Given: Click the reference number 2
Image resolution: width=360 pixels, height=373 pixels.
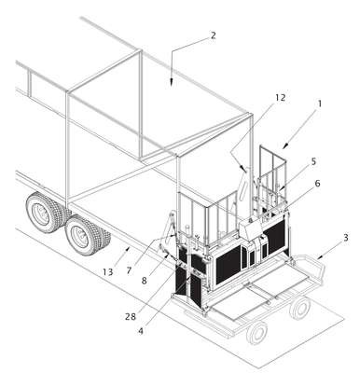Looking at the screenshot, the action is point(213,35).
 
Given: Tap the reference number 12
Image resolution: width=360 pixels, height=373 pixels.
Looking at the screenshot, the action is point(280,98).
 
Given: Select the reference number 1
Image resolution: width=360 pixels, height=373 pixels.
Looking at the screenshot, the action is point(319,104).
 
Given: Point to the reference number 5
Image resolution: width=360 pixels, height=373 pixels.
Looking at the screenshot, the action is point(313,161).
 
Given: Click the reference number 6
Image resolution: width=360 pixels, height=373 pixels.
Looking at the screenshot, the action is point(317,184).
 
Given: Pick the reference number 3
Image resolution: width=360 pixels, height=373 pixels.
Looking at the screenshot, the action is point(345,238).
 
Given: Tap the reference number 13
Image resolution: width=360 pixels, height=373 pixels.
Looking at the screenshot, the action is point(107,272).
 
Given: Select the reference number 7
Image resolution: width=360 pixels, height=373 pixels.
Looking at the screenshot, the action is point(130,270).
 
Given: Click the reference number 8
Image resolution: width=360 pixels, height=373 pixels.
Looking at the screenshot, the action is point(144,281).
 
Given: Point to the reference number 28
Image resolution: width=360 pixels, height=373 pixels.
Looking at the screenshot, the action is point(131,317).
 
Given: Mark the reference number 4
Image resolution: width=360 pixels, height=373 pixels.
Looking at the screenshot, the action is point(141,331).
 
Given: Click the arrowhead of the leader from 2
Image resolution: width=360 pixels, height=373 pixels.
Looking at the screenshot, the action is point(172,82).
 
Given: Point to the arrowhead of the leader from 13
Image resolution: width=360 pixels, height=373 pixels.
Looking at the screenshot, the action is point(127,248).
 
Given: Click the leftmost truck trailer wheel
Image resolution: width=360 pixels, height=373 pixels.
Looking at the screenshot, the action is point(40,212).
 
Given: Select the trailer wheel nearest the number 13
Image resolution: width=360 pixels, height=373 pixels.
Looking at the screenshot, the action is point(83,235).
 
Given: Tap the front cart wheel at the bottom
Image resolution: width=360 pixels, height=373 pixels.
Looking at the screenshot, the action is point(256,333).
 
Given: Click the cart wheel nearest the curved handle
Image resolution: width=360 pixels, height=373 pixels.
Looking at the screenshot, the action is point(300,309).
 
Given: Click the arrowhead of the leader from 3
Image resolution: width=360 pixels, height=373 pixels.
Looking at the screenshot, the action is point(319,257).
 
